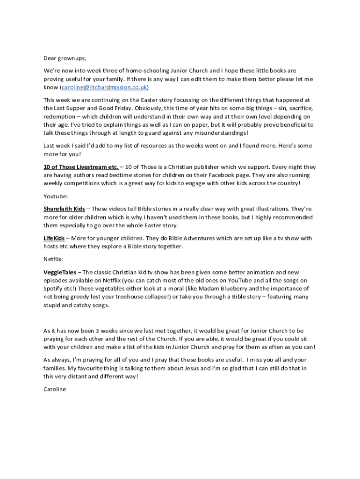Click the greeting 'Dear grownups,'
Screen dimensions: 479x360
(x=65, y=58)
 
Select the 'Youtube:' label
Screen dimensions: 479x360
(x=56, y=196)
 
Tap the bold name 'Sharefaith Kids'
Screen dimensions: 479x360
(x=64, y=209)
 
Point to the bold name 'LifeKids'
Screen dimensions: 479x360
(x=54, y=238)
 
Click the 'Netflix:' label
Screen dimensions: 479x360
(x=55, y=259)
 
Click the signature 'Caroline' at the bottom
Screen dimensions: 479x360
(x=55, y=389)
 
